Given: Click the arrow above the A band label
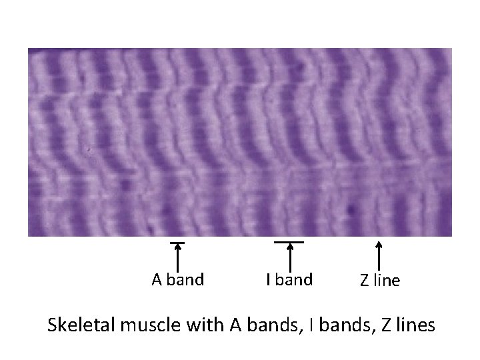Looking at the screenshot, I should (x=178, y=257).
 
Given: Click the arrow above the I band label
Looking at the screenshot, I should (x=290, y=257).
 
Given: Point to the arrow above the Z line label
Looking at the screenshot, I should (x=379, y=257).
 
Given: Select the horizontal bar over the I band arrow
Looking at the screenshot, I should (x=289, y=241).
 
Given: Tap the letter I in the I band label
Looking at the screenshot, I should (x=269, y=280).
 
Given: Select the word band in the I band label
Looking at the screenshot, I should (x=294, y=280).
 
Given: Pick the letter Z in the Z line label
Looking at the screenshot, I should (x=365, y=281).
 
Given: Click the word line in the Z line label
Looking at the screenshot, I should (x=387, y=281).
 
